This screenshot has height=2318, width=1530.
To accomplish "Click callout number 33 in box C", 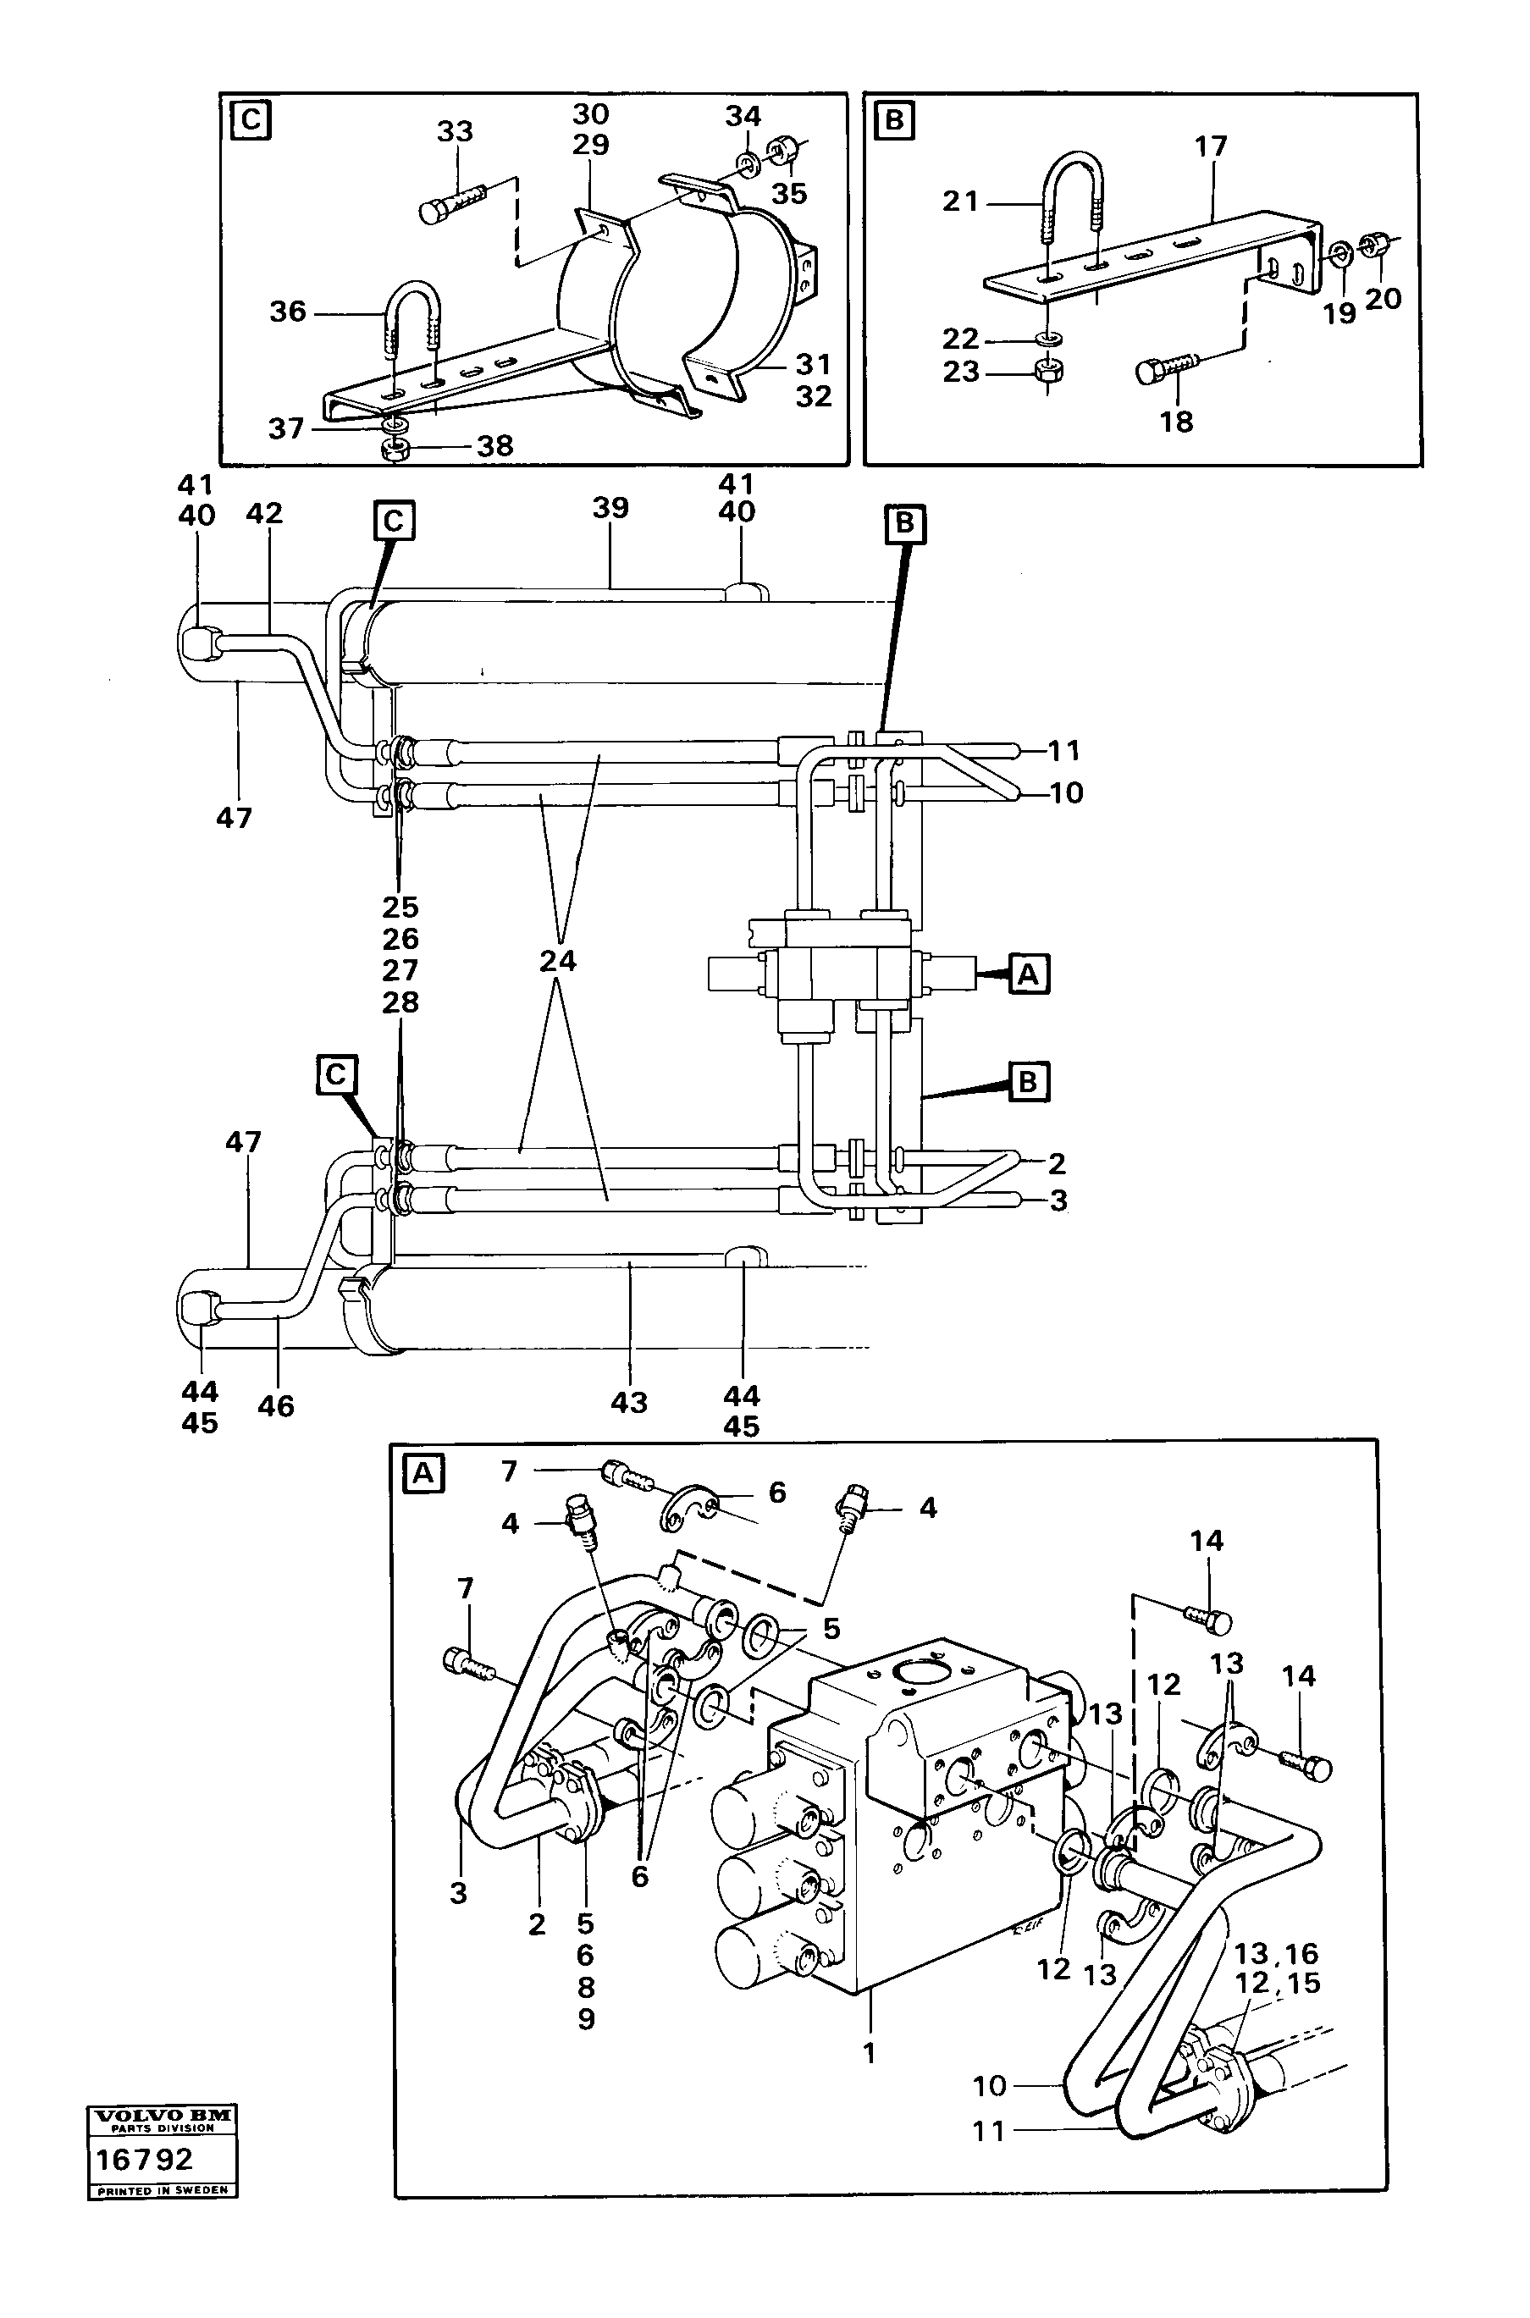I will point(455,132).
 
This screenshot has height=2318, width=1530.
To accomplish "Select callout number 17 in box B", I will point(1210,147).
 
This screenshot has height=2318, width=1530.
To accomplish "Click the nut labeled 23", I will point(1047,371).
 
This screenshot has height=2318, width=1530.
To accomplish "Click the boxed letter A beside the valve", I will point(1030,974).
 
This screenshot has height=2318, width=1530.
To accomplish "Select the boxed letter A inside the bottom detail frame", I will point(423,1474).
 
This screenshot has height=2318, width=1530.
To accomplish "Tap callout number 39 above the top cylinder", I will point(610,508).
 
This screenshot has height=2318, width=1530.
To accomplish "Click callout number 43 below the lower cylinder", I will point(629,1402).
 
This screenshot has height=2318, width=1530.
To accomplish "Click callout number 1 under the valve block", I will point(870,2053).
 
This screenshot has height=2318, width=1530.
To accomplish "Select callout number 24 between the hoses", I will point(558,961).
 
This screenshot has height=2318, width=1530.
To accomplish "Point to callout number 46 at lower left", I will point(276,1406).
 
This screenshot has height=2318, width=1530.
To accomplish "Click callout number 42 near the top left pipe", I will point(263,513).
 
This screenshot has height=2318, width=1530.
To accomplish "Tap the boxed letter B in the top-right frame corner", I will point(895,122).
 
